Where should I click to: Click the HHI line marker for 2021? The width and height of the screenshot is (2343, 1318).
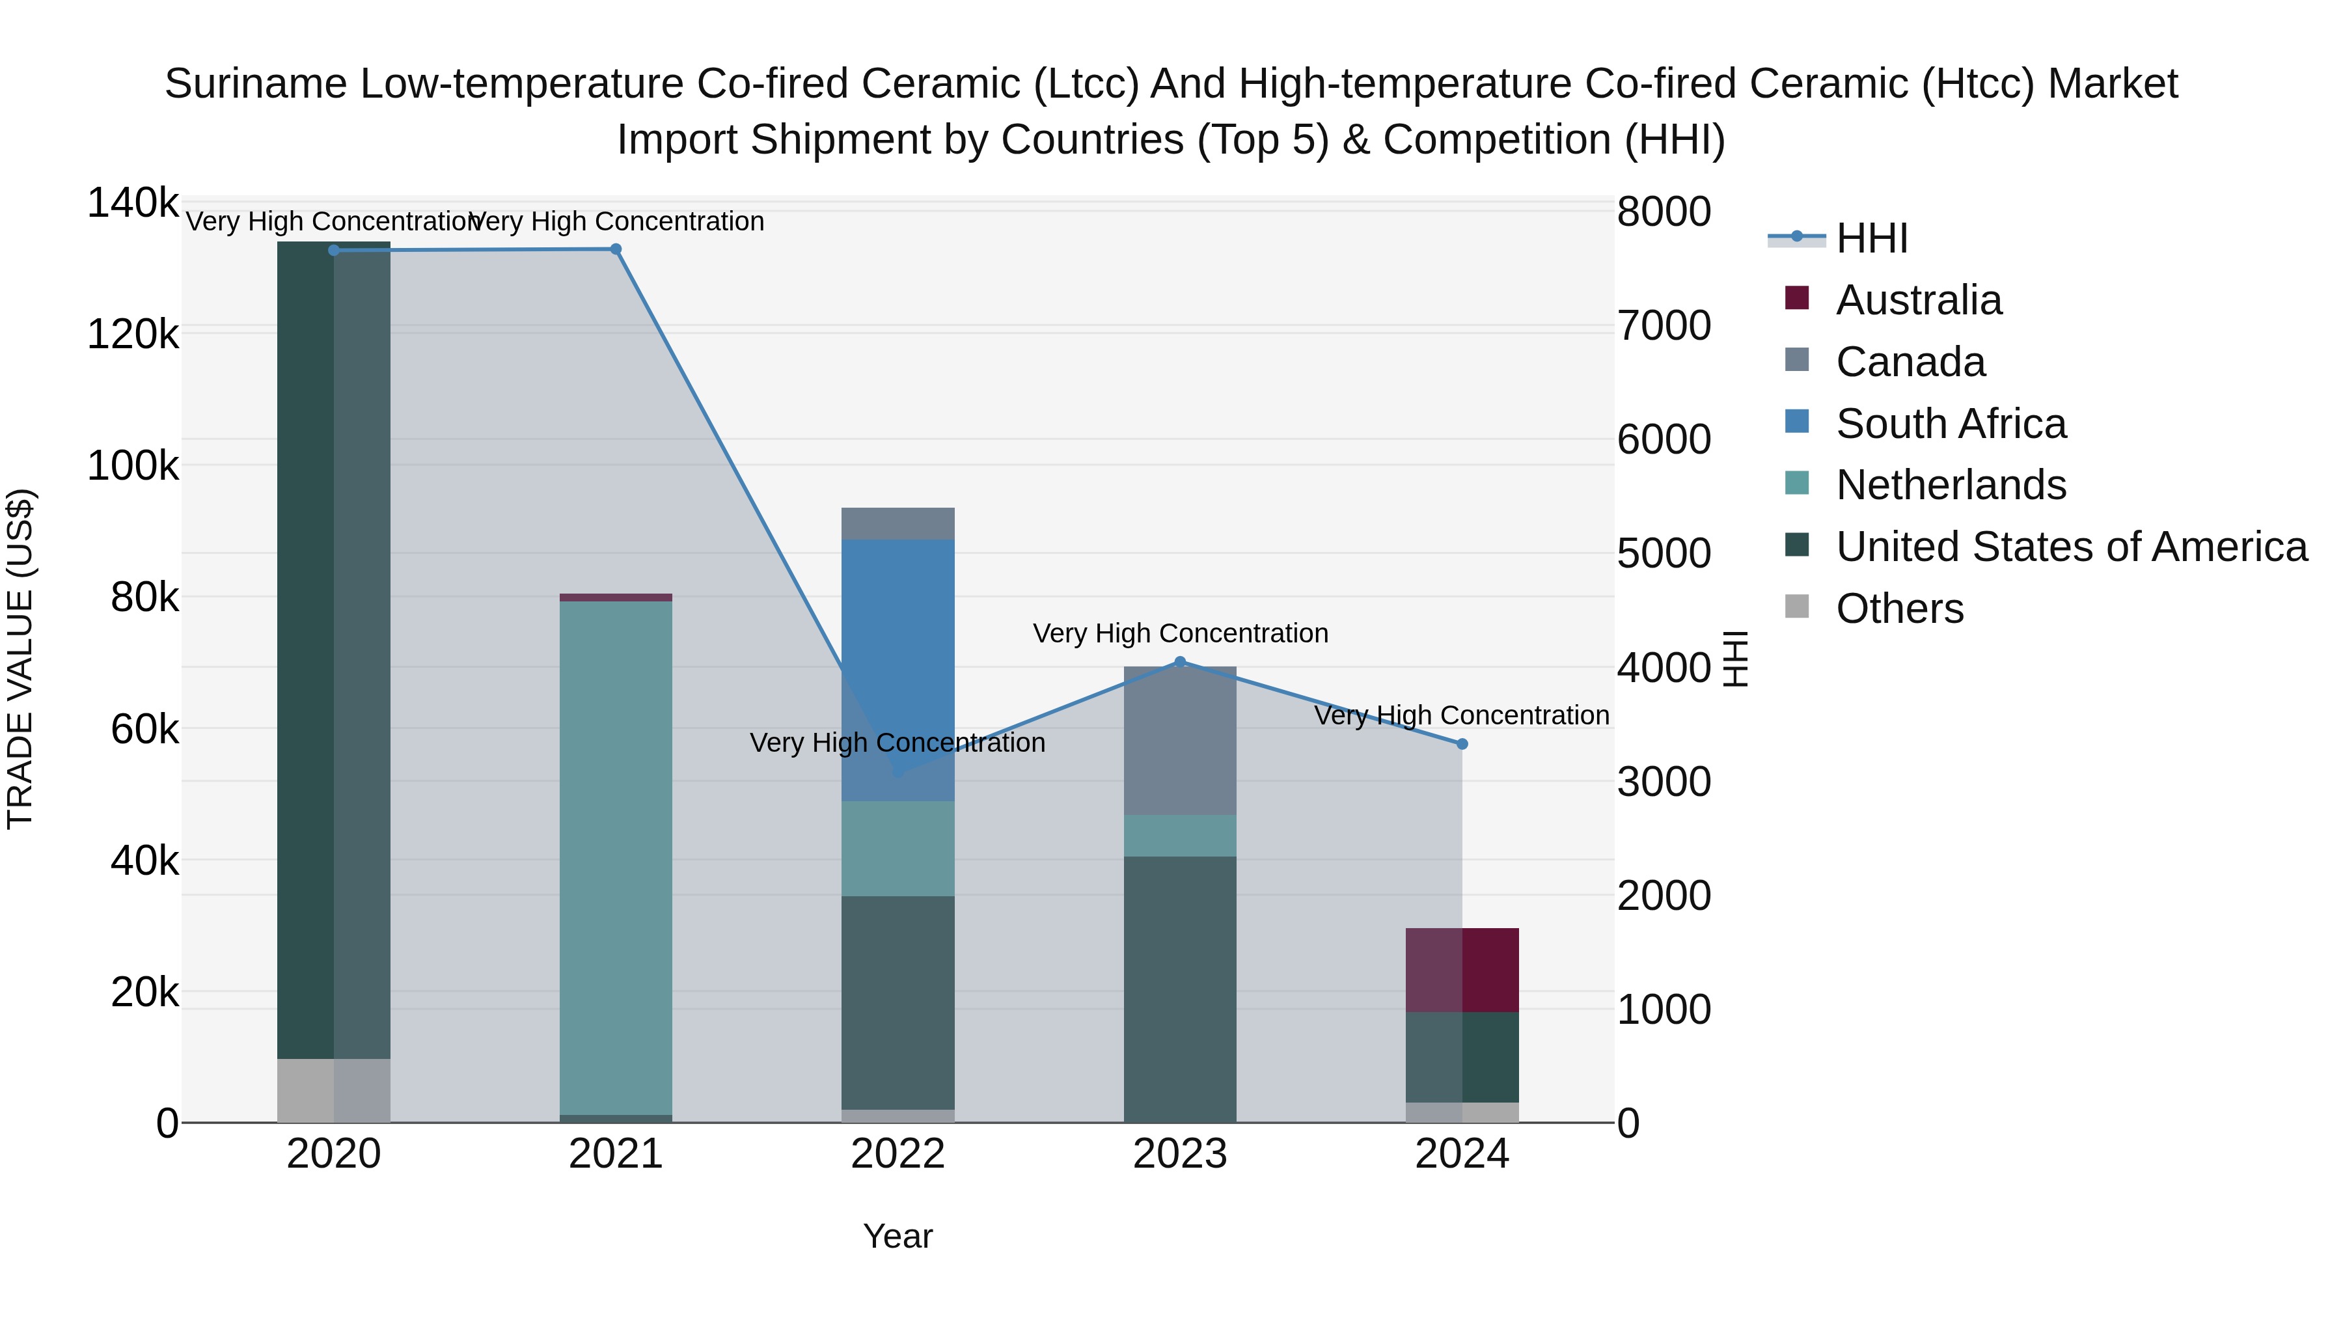point(616,249)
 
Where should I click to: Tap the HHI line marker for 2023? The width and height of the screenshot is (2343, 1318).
point(1180,661)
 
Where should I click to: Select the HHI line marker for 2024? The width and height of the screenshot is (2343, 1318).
point(1462,744)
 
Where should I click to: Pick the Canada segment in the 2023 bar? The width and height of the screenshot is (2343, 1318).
point(1180,741)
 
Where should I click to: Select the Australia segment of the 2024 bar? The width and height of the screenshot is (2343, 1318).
point(1462,970)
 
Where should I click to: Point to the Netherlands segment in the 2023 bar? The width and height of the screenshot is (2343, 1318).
point(1180,835)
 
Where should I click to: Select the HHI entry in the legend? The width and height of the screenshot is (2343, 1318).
point(1871,238)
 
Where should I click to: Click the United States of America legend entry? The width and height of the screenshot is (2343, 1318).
point(2070,547)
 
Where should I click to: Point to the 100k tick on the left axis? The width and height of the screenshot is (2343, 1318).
point(133,466)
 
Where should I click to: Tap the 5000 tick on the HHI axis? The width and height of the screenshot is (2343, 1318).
point(1664,553)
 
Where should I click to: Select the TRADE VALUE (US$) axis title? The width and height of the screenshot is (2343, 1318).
point(21,659)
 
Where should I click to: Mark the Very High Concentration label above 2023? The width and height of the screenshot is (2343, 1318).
point(1180,633)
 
